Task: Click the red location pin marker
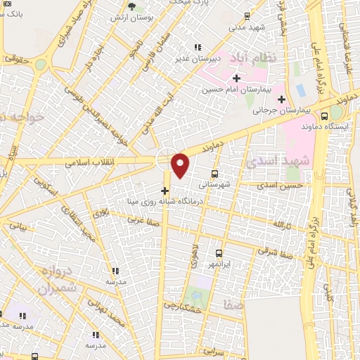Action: (x=181, y=165)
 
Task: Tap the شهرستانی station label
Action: (x=215, y=185)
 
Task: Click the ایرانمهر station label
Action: (x=219, y=264)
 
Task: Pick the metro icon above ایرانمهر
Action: (x=219, y=253)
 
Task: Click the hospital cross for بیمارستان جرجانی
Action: (x=281, y=99)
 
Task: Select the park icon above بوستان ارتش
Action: (x=131, y=6)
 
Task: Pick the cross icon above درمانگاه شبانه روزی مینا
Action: (x=165, y=191)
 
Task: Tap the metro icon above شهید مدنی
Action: (x=246, y=15)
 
